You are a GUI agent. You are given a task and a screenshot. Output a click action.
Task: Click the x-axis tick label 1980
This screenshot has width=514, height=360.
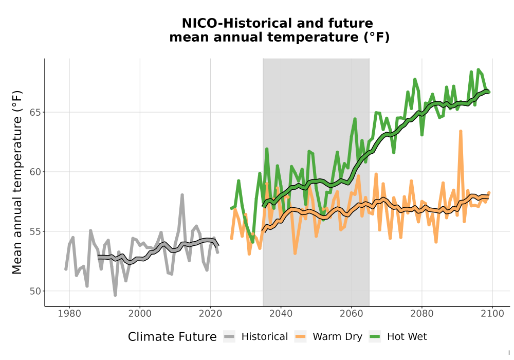click(69, 314)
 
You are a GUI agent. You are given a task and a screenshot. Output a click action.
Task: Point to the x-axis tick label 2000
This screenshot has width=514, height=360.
click(140, 314)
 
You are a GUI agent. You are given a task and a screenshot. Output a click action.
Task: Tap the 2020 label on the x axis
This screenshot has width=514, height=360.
click(210, 314)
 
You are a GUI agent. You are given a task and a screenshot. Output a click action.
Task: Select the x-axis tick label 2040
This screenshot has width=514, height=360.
click(281, 314)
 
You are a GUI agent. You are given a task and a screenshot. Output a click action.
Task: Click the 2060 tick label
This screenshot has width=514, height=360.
click(352, 314)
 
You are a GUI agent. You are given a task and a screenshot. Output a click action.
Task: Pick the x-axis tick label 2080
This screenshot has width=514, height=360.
click(422, 314)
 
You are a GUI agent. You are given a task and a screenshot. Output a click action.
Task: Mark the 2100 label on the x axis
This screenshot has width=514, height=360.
click(492, 314)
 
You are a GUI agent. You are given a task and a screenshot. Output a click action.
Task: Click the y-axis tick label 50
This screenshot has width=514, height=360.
click(35, 291)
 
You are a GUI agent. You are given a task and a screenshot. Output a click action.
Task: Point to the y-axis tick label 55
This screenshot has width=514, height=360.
click(35, 231)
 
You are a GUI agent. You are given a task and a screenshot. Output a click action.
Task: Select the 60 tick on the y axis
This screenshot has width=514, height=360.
click(35, 172)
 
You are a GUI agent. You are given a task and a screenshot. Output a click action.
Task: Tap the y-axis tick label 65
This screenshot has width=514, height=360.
click(35, 112)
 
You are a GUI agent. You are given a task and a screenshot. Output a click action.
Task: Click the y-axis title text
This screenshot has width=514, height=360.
click(17, 182)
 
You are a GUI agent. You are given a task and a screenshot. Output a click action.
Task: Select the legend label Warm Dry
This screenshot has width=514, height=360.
click(337, 337)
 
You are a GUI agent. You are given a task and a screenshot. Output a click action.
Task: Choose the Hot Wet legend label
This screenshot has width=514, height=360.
click(407, 337)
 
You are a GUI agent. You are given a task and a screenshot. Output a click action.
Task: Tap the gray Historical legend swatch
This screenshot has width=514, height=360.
click(229, 337)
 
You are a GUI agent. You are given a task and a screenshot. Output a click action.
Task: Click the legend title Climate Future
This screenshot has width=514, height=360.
click(172, 337)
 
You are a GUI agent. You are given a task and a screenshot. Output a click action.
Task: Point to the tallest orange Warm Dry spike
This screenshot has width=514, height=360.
click(461, 132)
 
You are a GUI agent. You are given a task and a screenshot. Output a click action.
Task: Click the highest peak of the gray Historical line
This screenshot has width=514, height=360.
click(182, 195)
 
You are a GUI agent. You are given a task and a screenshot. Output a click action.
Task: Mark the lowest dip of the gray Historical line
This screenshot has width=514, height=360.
click(115, 295)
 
